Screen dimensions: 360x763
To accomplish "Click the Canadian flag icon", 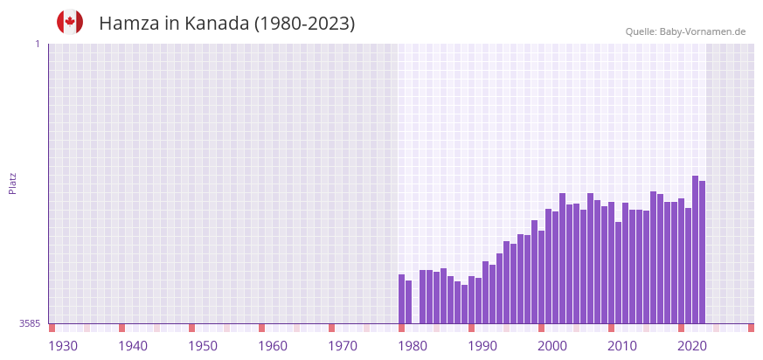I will (x=70, y=22).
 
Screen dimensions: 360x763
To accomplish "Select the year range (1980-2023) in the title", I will (x=304, y=24).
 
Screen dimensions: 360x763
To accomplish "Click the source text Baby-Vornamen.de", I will (x=702, y=31).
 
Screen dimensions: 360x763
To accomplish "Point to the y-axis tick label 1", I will (x=37, y=44).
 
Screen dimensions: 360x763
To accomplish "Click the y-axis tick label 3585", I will (x=30, y=323).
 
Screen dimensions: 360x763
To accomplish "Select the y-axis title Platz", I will (x=13, y=183).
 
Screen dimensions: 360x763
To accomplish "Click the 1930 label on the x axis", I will (x=63, y=346).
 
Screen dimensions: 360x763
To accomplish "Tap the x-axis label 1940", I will (x=133, y=346).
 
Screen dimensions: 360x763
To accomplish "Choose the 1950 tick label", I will (x=203, y=346).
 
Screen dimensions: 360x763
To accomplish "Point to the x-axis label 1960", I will (x=273, y=346).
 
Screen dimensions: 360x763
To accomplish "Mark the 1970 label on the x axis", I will (x=343, y=346).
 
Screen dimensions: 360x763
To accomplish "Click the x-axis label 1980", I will (x=413, y=346).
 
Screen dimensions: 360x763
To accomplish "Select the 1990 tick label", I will (x=482, y=346).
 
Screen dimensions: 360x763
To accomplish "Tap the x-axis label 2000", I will (x=552, y=346).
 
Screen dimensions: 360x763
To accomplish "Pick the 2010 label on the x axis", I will (x=622, y=346).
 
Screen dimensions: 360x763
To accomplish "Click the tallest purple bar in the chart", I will (x=695, y=249).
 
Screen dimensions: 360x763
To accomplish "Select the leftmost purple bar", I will (x=401, y=299).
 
